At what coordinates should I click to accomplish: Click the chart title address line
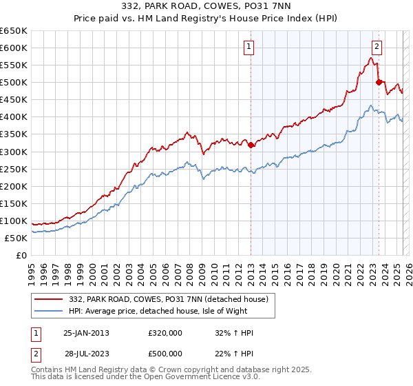click(207, 7)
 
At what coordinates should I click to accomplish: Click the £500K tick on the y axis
click(14, 82)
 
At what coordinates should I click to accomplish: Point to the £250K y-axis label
click(14, 169)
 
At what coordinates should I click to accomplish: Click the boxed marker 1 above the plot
click(248, 47)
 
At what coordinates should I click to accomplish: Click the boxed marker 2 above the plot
click(377, 47)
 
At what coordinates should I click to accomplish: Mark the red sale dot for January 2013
click(251, 145)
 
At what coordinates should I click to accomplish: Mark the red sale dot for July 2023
click(379, 82)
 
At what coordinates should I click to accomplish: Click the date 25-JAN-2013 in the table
click(86, 333)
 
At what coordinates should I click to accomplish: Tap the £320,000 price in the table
click(165, 333)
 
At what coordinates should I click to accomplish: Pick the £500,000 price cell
click(165, 353)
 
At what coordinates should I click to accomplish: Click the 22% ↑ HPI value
click(234, 353)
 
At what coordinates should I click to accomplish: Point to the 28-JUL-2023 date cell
click(86, 353)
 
